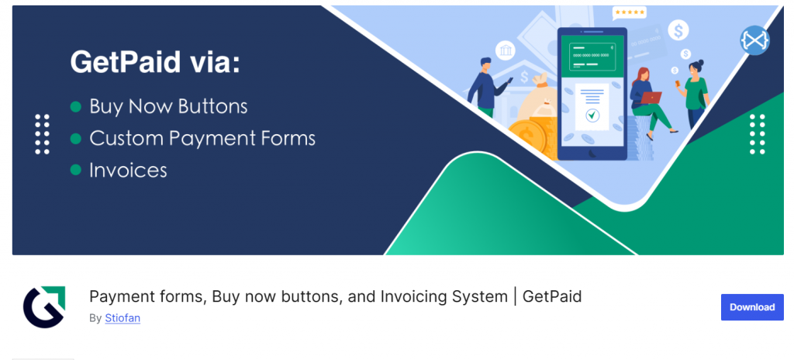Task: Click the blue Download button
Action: point(751,307)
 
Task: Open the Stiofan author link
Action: point(123,318)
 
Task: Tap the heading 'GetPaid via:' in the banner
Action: point(155,63)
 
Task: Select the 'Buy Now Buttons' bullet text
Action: point(168,106)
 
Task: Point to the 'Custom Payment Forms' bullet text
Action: point(202,139)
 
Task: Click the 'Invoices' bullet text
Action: point(128,170)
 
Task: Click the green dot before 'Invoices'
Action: point(75,170)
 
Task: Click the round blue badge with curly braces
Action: point(753,40)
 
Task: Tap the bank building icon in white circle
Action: point(506,51)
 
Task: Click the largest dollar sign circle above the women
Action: point(679,31)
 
